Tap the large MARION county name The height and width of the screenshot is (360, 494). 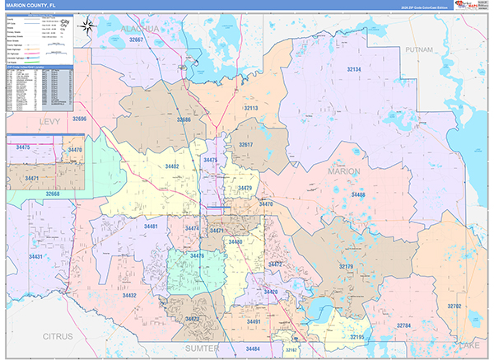(344, 171)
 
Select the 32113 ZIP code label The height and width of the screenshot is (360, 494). (250, 108)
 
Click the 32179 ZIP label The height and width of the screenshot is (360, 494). (346, 266)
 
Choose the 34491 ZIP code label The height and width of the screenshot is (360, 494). (253, 322)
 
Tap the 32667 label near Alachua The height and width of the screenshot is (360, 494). (131, 40)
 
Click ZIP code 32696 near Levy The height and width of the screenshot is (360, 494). (79, 119)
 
